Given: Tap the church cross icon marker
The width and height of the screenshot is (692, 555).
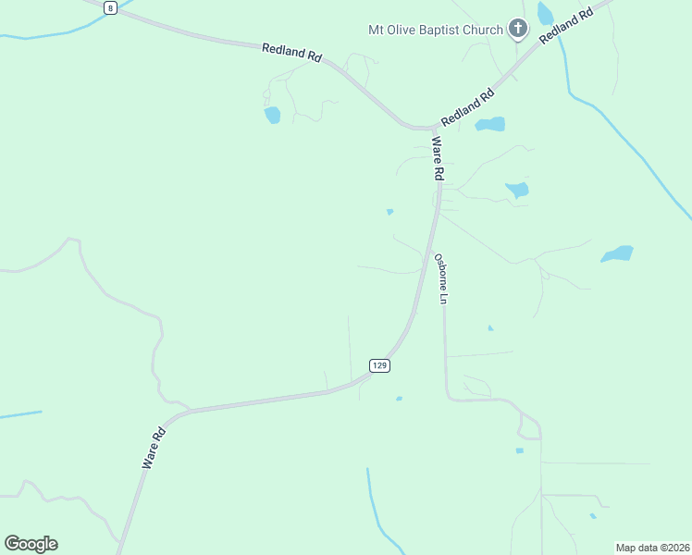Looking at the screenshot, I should (517, 30).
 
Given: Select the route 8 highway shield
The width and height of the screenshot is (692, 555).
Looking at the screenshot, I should (111, 7).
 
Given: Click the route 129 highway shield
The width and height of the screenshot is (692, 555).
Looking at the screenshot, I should (379, 365).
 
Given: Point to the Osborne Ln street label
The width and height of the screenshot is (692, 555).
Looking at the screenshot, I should (442, 279).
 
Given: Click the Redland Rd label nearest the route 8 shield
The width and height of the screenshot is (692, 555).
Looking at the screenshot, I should (291, 53).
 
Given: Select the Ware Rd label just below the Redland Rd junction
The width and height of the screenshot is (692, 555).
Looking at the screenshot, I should (438, 158).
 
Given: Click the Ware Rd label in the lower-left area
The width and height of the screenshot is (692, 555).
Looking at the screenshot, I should (154, 448).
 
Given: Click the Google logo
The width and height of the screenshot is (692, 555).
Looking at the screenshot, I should (31, 543).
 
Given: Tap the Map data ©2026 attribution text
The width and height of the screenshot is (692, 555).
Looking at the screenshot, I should (652, 548).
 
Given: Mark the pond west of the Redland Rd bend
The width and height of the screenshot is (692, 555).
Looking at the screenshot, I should (272, 115).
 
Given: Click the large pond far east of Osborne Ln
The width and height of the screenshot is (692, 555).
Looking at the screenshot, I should (617, 253).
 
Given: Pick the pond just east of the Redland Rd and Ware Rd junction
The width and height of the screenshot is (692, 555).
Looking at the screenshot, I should (490, 124).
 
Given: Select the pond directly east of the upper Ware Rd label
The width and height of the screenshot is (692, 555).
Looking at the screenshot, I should (516, 191).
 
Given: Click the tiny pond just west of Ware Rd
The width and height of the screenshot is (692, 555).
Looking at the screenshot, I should (389, 212).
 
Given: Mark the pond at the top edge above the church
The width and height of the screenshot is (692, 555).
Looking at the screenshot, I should (545, 11).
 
